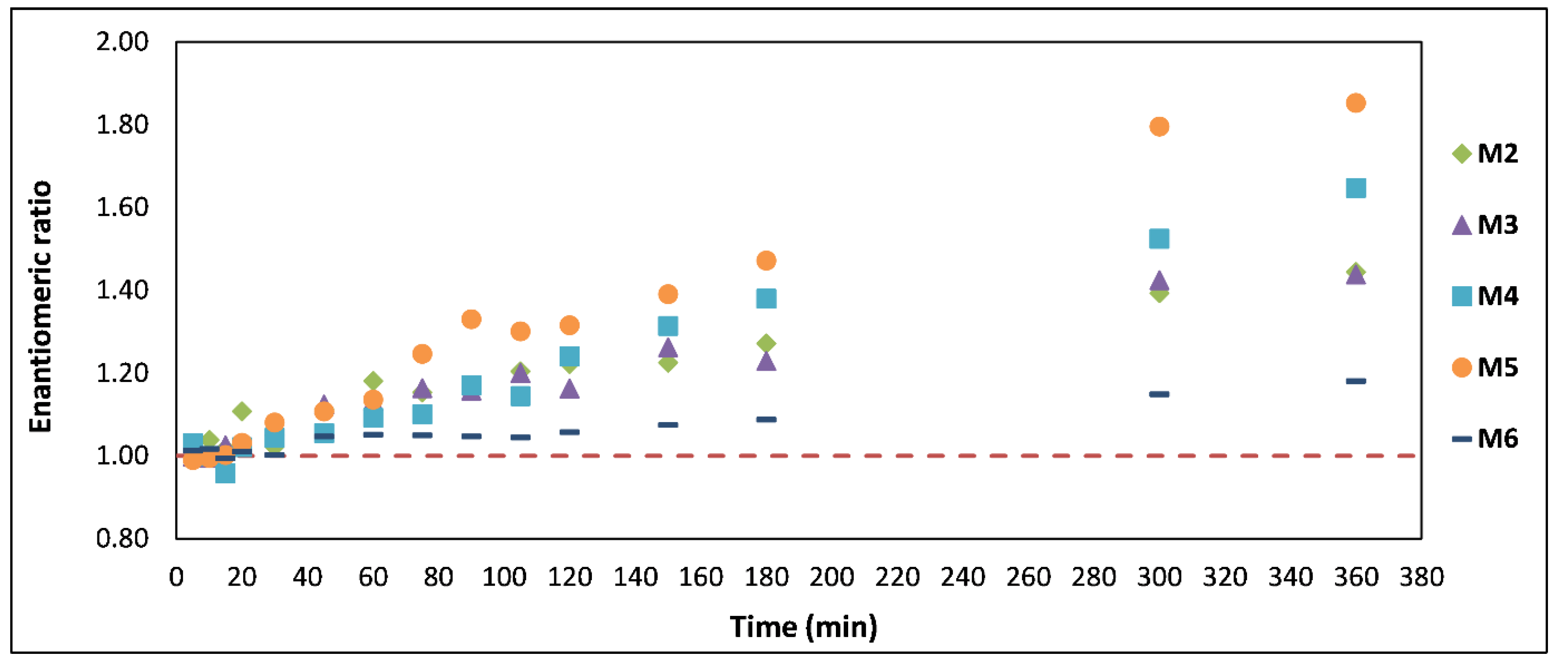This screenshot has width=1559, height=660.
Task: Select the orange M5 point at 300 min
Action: click(x=1158, y=126)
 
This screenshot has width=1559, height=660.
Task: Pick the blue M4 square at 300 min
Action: click(x=1158, y=238)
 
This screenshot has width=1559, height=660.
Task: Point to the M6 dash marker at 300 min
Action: click(x=1158, y=394)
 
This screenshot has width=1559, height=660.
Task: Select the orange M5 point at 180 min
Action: click(x=766, y=261)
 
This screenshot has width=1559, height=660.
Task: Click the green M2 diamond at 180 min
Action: click(x=766, y=343)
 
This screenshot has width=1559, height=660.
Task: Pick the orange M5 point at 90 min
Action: click(x=471, y=319)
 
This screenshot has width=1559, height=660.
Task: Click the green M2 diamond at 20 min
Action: click(x=242, y=411)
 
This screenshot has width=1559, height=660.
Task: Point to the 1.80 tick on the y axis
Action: click(x=122, y=125)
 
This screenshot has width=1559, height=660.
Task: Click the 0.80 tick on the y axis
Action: click(x=122, y=538)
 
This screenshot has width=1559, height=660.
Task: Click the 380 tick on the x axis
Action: click(x=1421, y=577)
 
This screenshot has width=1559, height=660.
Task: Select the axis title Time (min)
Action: click(x=803, y=627)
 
